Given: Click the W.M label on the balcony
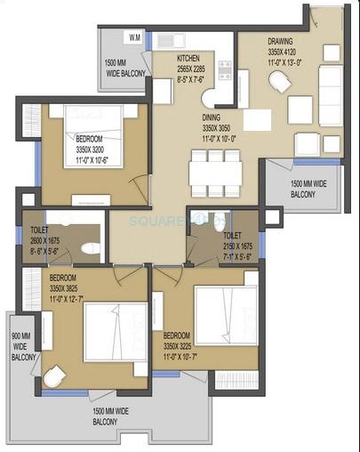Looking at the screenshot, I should click(x=134, y=38).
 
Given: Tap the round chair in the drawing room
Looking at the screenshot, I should click(x=280, y=83).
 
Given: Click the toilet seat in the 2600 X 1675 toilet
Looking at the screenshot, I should click(x=88, y=248).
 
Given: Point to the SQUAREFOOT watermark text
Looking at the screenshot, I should click(x=179, y=219).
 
